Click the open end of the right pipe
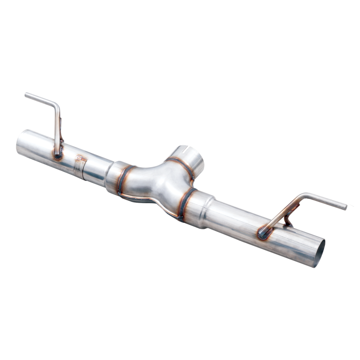319,252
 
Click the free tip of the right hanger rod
345,207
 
